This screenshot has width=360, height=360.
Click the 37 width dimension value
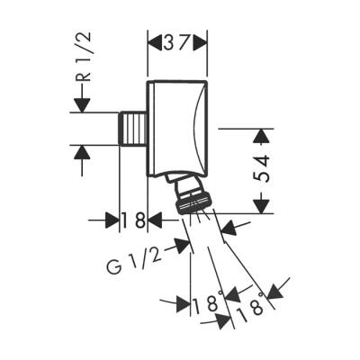tap(177, 41)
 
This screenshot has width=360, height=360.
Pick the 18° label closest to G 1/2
tap(206, 303)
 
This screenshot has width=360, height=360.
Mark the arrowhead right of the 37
tap(202, 41)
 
